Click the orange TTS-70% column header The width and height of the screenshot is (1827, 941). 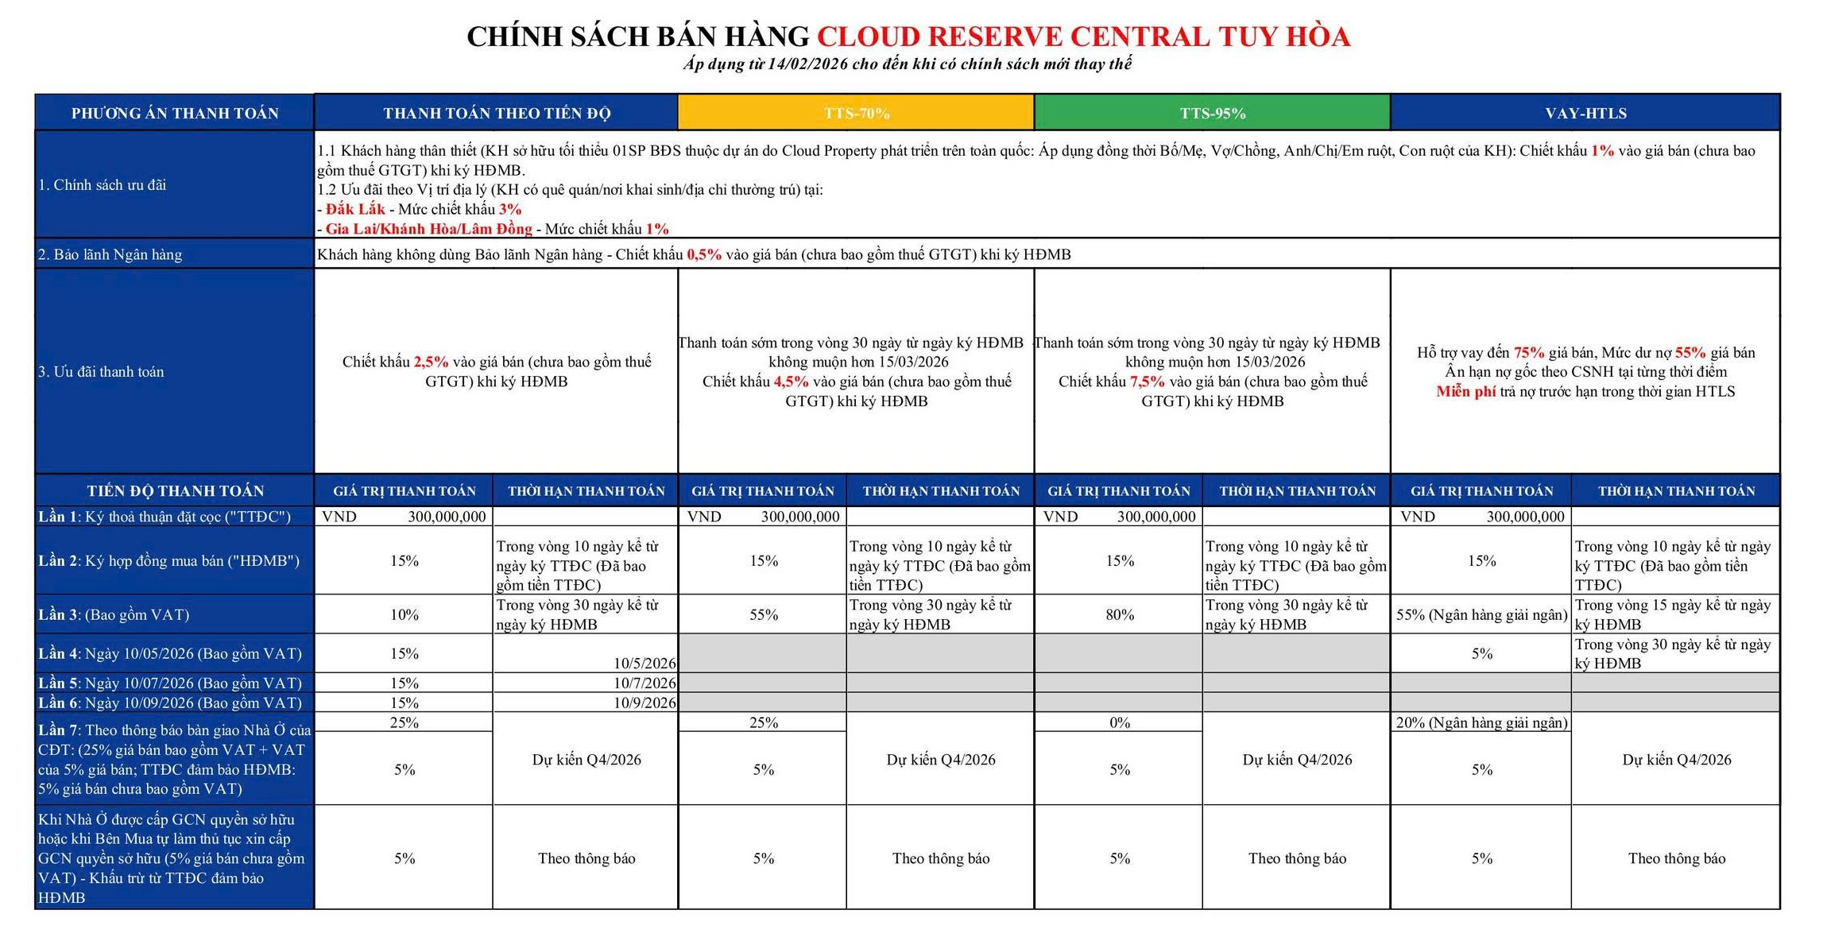point(856,113)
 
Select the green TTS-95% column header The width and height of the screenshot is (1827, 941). point(1212,113)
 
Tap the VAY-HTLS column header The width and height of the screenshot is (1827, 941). point(1585,113)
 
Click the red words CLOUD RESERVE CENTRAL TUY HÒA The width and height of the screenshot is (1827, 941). point(1083,37)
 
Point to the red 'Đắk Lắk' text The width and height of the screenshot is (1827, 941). point(355,209)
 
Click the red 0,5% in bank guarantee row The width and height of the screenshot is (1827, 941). point(704,254)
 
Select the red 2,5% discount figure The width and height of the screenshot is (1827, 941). point(431,362)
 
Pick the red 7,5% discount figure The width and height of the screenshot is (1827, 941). point(1147,381)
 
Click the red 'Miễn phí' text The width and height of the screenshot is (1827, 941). point(1465,391)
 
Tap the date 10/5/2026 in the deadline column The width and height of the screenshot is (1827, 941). point(644,663)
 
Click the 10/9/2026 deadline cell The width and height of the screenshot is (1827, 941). point(644,703)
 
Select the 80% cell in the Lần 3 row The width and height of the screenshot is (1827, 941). point(1119,614)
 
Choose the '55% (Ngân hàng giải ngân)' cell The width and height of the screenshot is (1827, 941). point(1481,614)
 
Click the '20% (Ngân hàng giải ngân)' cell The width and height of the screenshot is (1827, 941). point(1481,722)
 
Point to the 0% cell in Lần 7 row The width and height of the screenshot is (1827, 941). point(1119,722)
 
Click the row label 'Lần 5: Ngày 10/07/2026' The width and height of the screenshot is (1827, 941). point(170,683)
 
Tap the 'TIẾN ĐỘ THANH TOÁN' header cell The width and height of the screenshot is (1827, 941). point(175,490)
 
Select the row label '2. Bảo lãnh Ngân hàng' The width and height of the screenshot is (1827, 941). point(110,254)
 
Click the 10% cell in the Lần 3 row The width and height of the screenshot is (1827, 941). point(404,614)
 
